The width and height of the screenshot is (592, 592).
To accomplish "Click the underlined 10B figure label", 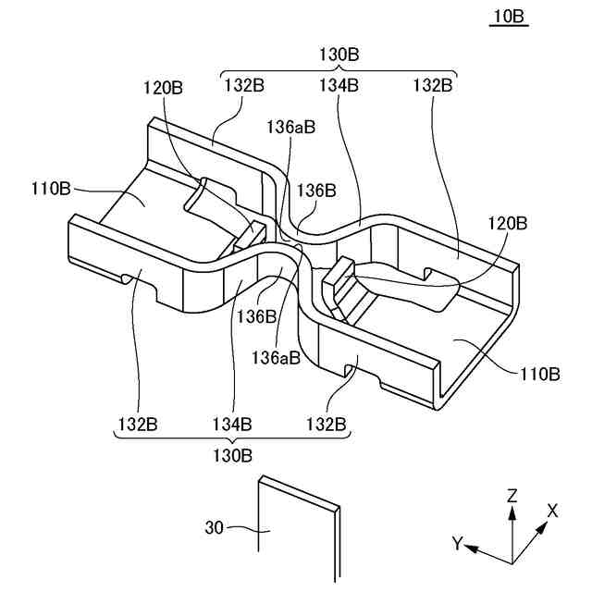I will [511, 18].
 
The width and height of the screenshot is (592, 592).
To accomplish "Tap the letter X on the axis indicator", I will [552, 511].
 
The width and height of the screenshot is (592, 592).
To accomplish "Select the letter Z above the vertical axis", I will [512, 497].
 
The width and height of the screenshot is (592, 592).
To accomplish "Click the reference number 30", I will [215, 529].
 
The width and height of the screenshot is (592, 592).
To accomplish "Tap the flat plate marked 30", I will [295, 536].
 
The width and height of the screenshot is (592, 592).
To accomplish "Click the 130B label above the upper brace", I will [339, 55].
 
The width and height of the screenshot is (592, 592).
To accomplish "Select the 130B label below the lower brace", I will [231, 455].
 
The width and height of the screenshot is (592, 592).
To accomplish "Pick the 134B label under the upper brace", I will [339, 85].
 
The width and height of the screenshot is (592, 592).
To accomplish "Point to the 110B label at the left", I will [51, 191].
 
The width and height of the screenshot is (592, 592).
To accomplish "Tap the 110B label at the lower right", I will [539, 375].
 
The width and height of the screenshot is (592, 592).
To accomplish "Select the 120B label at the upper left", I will [163, 88].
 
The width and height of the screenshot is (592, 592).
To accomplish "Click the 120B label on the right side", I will [509, 224].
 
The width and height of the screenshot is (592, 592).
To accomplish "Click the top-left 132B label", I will [244, 85].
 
